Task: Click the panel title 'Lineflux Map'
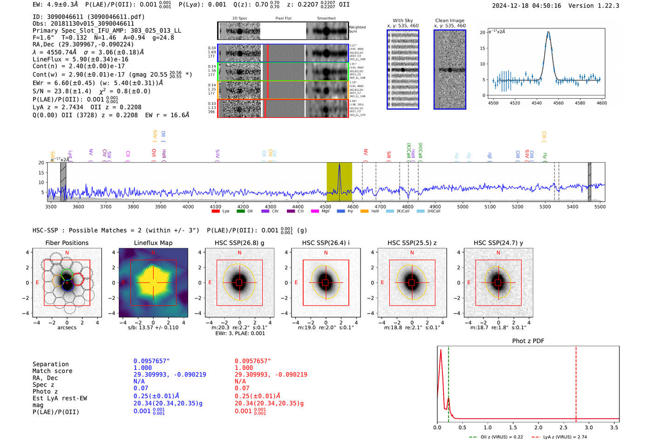click(x=153, y=243)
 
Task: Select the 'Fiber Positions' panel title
click(x=67, y=243)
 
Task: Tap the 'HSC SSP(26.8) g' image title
click(x=239, y=243)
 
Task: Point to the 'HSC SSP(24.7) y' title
click(x=498, y=243)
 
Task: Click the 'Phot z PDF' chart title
click(x=528, y=341)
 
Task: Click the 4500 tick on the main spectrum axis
click(x=325, y=206)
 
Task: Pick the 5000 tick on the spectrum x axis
click(x=462, y=206)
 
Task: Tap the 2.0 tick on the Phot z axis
click(x=538, y=427)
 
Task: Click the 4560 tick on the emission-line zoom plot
click(x=558, y=103)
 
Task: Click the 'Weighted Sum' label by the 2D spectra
click(x=357, y=29)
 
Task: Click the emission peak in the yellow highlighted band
click(x=339, y=165)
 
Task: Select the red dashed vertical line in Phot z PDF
click(x=576, y=382)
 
